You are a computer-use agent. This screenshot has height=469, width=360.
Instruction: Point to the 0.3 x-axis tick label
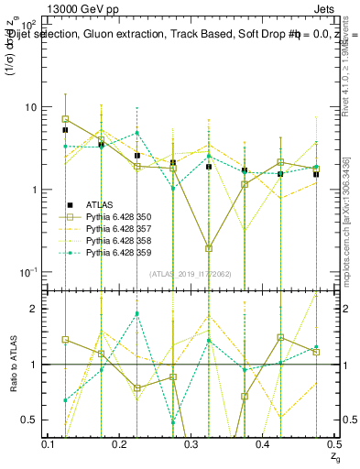(x=191, y=443)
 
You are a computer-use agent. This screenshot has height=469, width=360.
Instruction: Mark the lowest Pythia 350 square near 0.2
(x=209, y=248)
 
